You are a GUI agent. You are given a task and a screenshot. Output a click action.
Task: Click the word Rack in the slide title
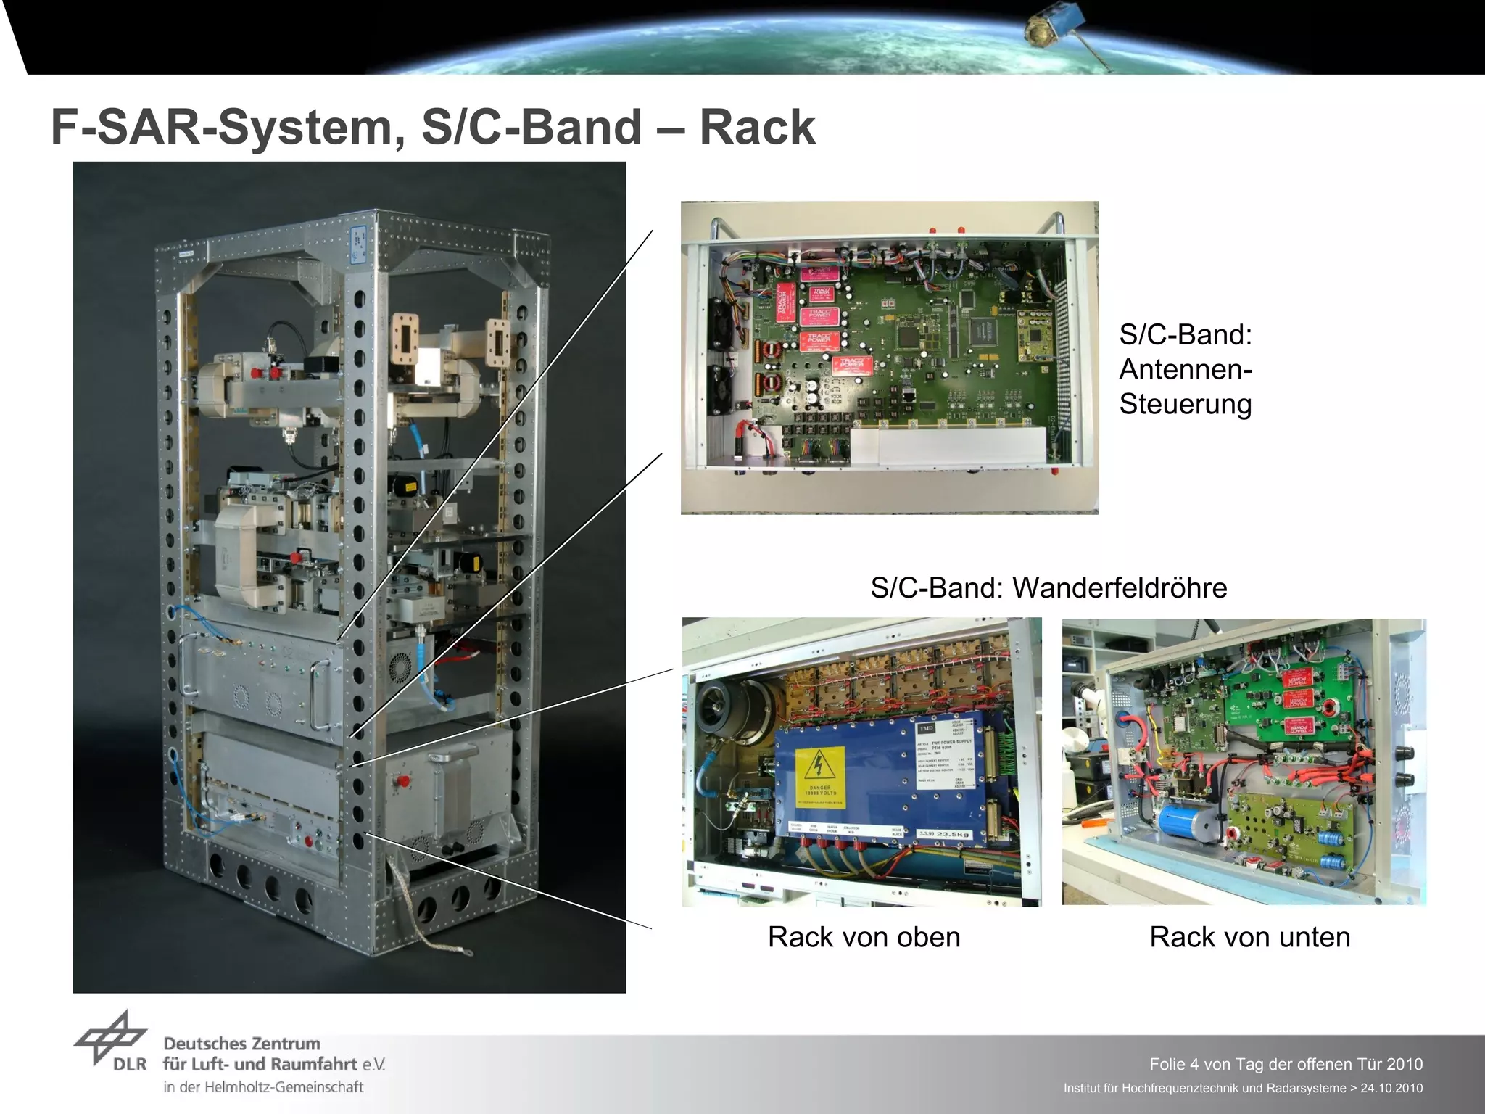click(x=757, y=128)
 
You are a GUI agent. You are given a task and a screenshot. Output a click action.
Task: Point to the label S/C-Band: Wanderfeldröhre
click(x=1048, y=587)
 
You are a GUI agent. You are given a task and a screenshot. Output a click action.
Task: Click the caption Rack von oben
click(x=864, y=937)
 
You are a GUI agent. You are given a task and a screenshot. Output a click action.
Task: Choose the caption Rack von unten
click(x=1249, y=937)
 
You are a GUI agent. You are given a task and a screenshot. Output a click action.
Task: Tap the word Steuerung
click(x=1185, y=404)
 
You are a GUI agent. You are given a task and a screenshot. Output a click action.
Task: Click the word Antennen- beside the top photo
click(x=1185, y=369)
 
